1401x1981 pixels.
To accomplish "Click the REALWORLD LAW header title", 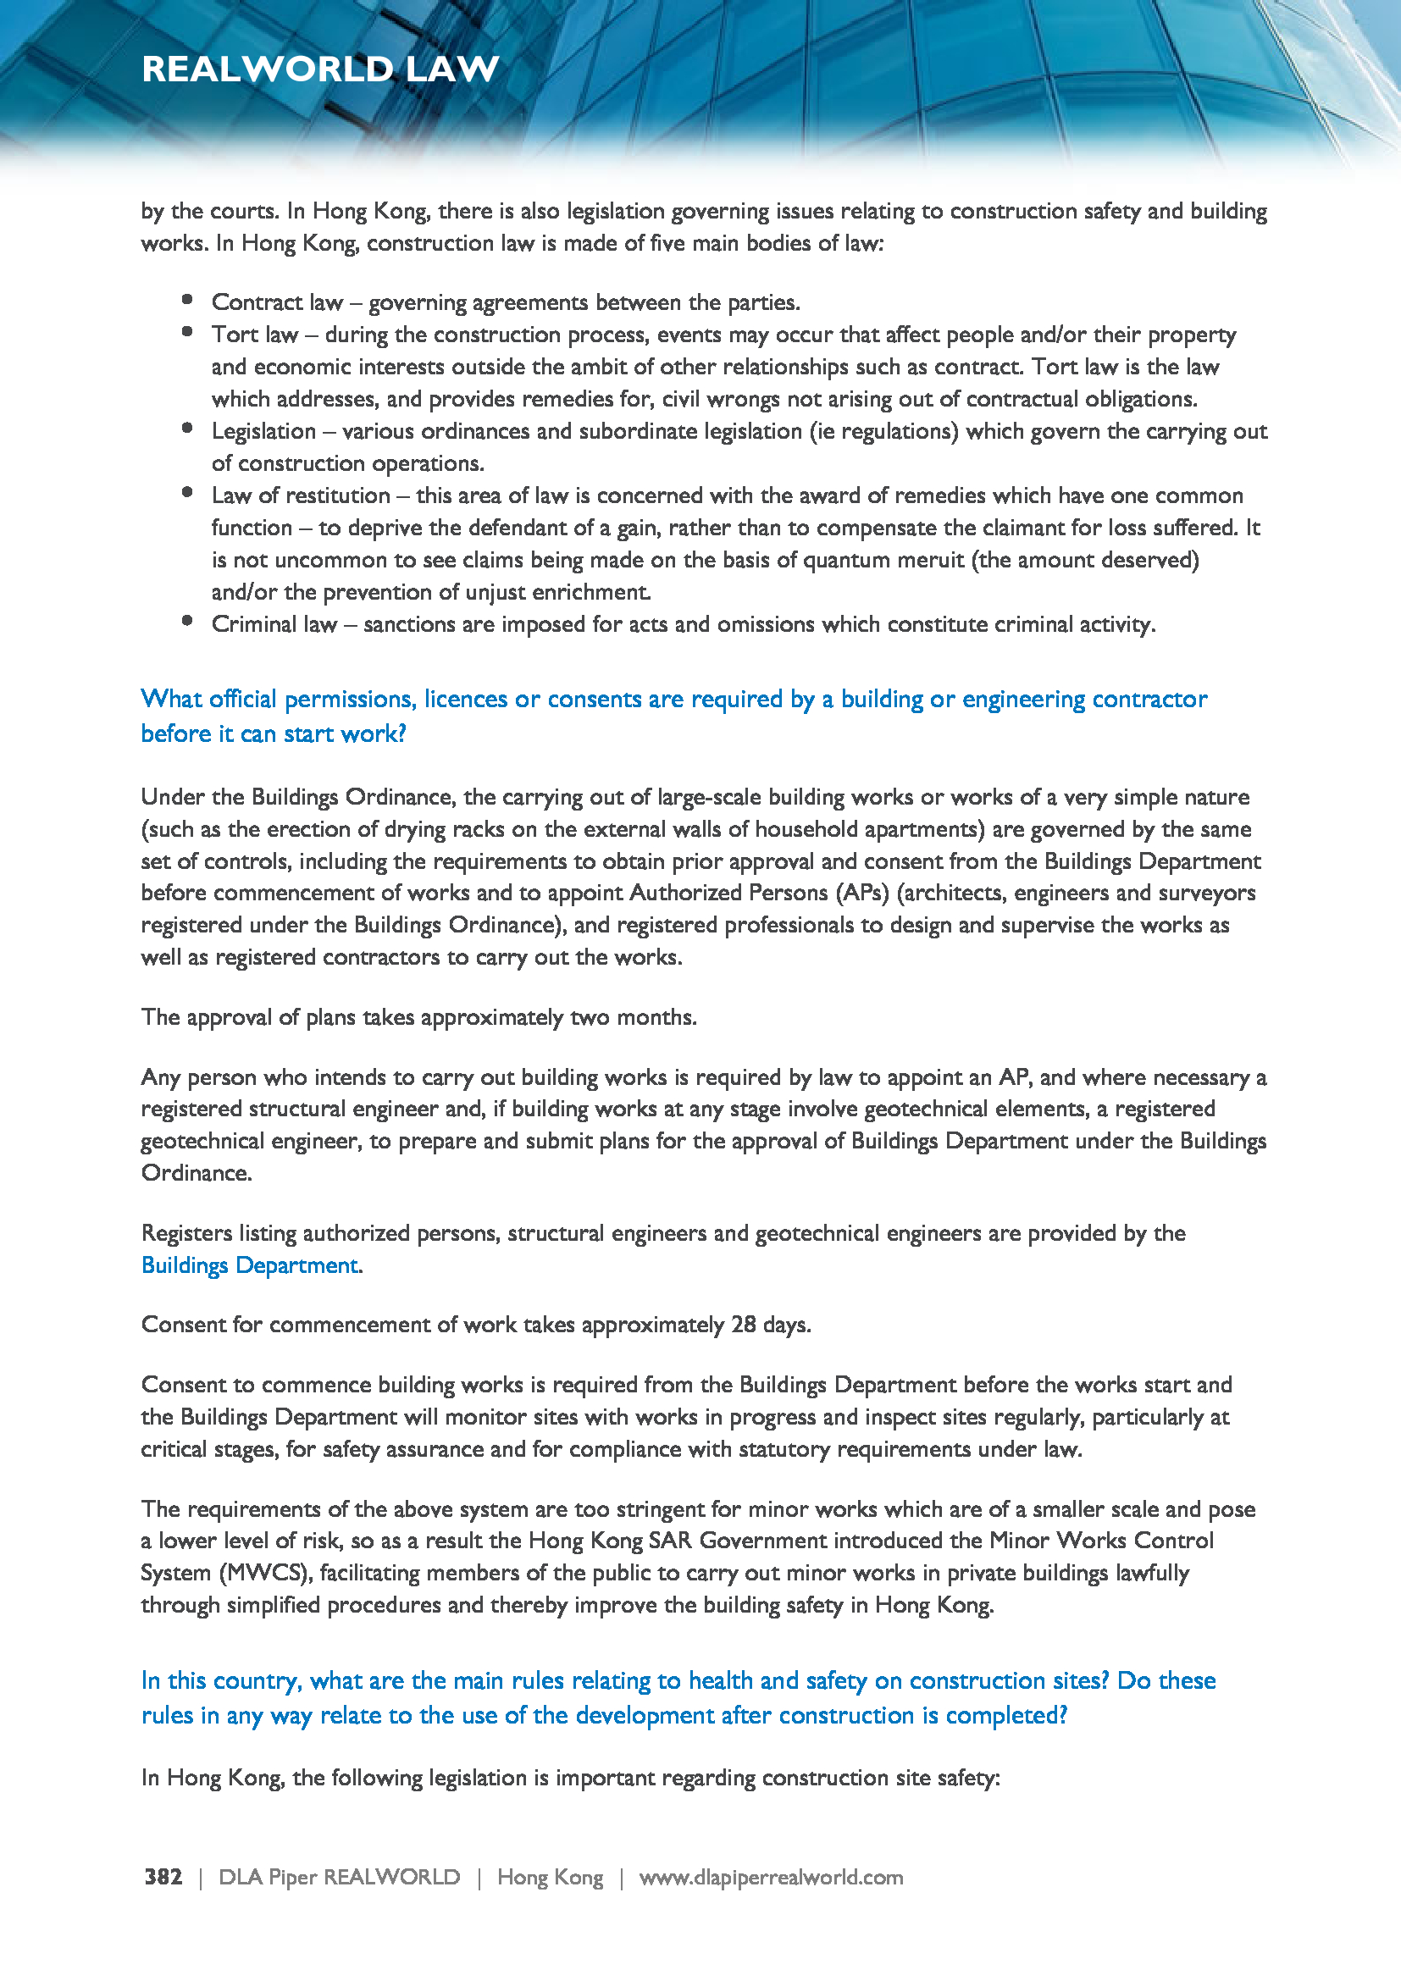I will [x=320, y=69].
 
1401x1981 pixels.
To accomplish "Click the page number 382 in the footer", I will [x=163, y=1878].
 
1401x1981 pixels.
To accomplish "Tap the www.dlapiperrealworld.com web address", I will [x=770, y=1878].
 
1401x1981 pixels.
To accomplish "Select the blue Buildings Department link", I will [x=249, y=1264].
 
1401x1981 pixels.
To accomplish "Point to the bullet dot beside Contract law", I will [x=187, y=299].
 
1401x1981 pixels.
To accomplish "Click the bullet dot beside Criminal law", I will [x=187, y=621].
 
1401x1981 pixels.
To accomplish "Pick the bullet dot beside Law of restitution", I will [x=187, y=493].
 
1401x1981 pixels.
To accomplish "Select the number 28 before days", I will [x=744, y=1325].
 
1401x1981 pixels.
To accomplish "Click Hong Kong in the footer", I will [x=550, y=1878].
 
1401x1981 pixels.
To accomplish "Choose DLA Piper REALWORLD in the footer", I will [x=339, y=1878].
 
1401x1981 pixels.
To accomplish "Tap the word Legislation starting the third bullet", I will [x=263, y=431].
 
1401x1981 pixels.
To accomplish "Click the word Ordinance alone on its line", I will [x=196, y=1173].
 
